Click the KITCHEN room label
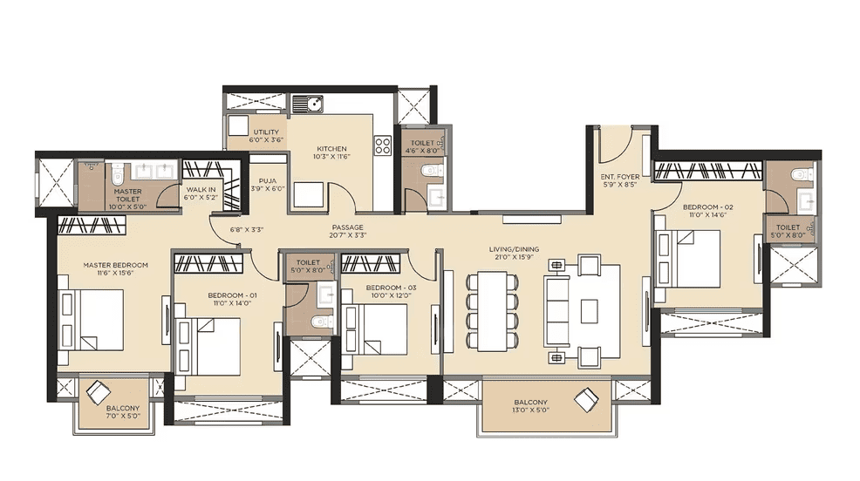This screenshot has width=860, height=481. click(x=331, y=149)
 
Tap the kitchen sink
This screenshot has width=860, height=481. click(x=307, y=105)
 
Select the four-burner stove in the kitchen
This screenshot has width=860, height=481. click(x=382, y=146)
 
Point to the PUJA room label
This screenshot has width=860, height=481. click(x=267, y=181)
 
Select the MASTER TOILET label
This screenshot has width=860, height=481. click(x=127, y=192)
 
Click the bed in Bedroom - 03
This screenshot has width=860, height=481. click(x=375, y=327)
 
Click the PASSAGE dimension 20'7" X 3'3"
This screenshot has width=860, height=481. click(x=346, y=235)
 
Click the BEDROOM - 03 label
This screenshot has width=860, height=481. click(x=384, y=288)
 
